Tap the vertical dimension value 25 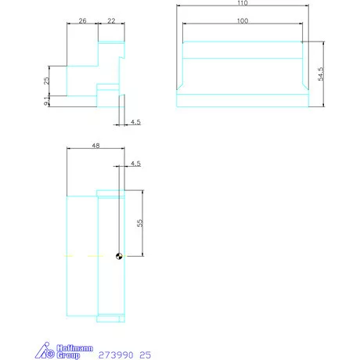click(x=46, y=80)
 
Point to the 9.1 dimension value click(x=46, y=100)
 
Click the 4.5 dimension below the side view click(x=135, y=123)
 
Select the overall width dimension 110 click(x=242, y=3)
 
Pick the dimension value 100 click(x=242, y=20)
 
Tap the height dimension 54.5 click(x=319, y=74)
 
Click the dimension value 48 click(x=95, y=146)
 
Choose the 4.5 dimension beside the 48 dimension click(x=135, y=164)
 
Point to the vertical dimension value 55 click(x=140, y=223)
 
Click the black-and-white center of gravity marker click(x=119, y=256)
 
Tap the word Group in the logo click(x=68, y=355)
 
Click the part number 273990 click(x=115, y=355)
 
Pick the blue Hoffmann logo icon click(x=48, y=351)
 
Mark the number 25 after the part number click(x=146, y=355)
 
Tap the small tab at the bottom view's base click(x=110, y=319)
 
